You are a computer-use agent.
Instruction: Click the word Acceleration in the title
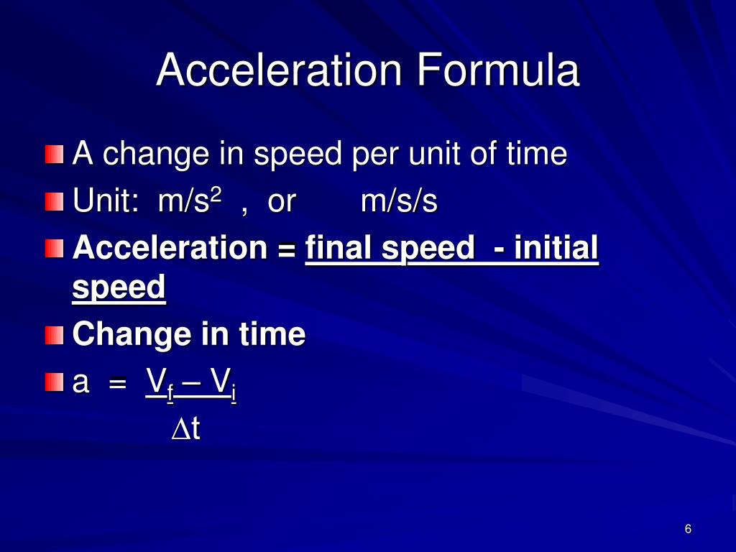279,70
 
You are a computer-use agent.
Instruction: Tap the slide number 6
688,530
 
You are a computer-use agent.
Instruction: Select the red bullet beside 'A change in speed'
54,155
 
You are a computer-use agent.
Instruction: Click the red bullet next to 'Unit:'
54,202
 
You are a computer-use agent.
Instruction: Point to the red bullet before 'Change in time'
54,334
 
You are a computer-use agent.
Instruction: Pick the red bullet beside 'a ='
54,382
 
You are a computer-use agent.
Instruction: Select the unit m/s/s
399,202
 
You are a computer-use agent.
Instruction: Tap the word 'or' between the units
281,202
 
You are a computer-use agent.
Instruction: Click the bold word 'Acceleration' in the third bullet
170,249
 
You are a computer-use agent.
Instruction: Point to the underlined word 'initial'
556,249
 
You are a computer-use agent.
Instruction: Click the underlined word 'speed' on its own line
119,289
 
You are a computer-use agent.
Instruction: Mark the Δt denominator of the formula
186,429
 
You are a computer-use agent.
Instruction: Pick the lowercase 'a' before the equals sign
81,385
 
